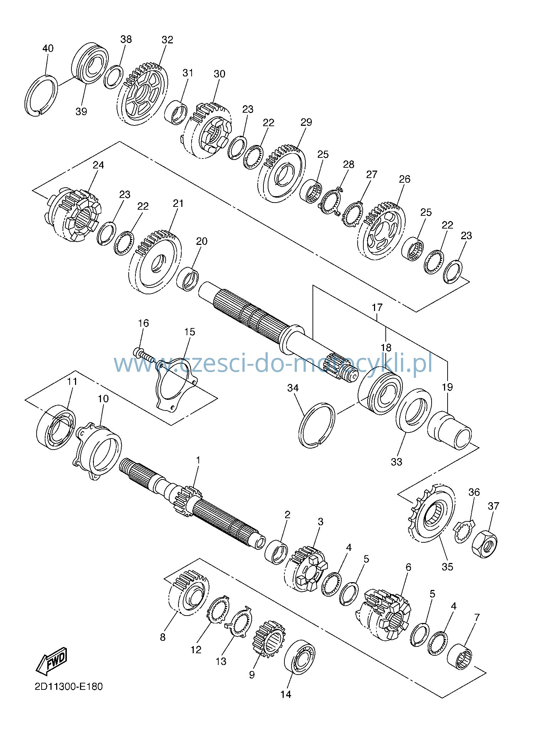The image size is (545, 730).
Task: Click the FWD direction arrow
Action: click(52, 660)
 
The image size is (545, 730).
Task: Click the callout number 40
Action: click(48, 48)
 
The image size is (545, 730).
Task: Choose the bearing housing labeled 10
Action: click(97, 450)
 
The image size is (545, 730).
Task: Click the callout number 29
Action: click(306, 122)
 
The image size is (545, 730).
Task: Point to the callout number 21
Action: click(178, 204)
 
